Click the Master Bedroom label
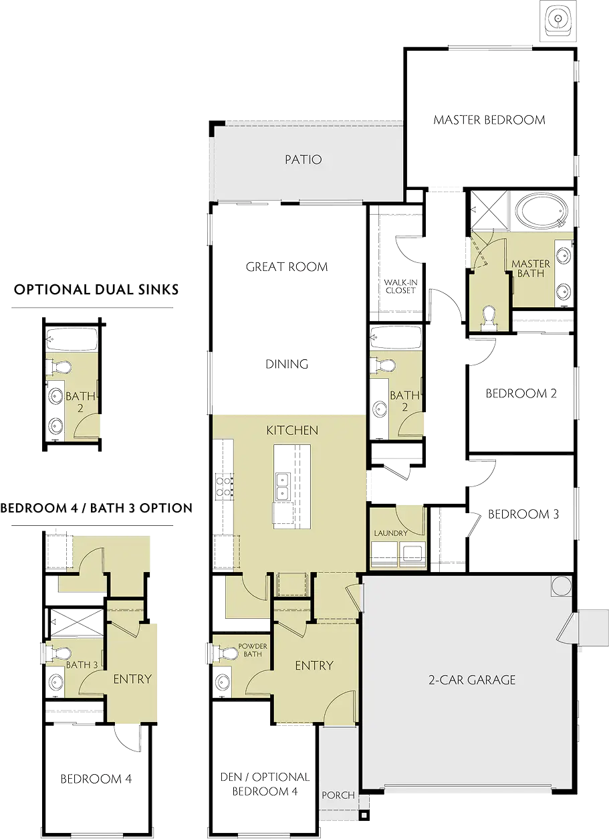(x=489, y=120)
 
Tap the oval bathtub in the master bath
(x=542, y=211)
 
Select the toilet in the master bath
(x=489, y=318)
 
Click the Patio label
(x=303, y=159)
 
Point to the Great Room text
(x=287, y=267)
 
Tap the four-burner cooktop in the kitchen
(x=224, y=486)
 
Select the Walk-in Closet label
(x=400, y=286)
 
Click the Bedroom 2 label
(x=521, y=393)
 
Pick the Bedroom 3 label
(x=523, y=515)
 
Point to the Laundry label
(x=391, y=533)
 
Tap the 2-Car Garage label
(x=472, y=680)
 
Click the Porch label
(x=338, y=796)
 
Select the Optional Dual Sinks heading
(x=96, y=290)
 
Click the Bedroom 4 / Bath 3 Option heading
(x=96, y=508)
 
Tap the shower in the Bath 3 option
(x=77, y=622)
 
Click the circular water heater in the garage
(x=562, y=586)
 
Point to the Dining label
(x=287, y=364)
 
